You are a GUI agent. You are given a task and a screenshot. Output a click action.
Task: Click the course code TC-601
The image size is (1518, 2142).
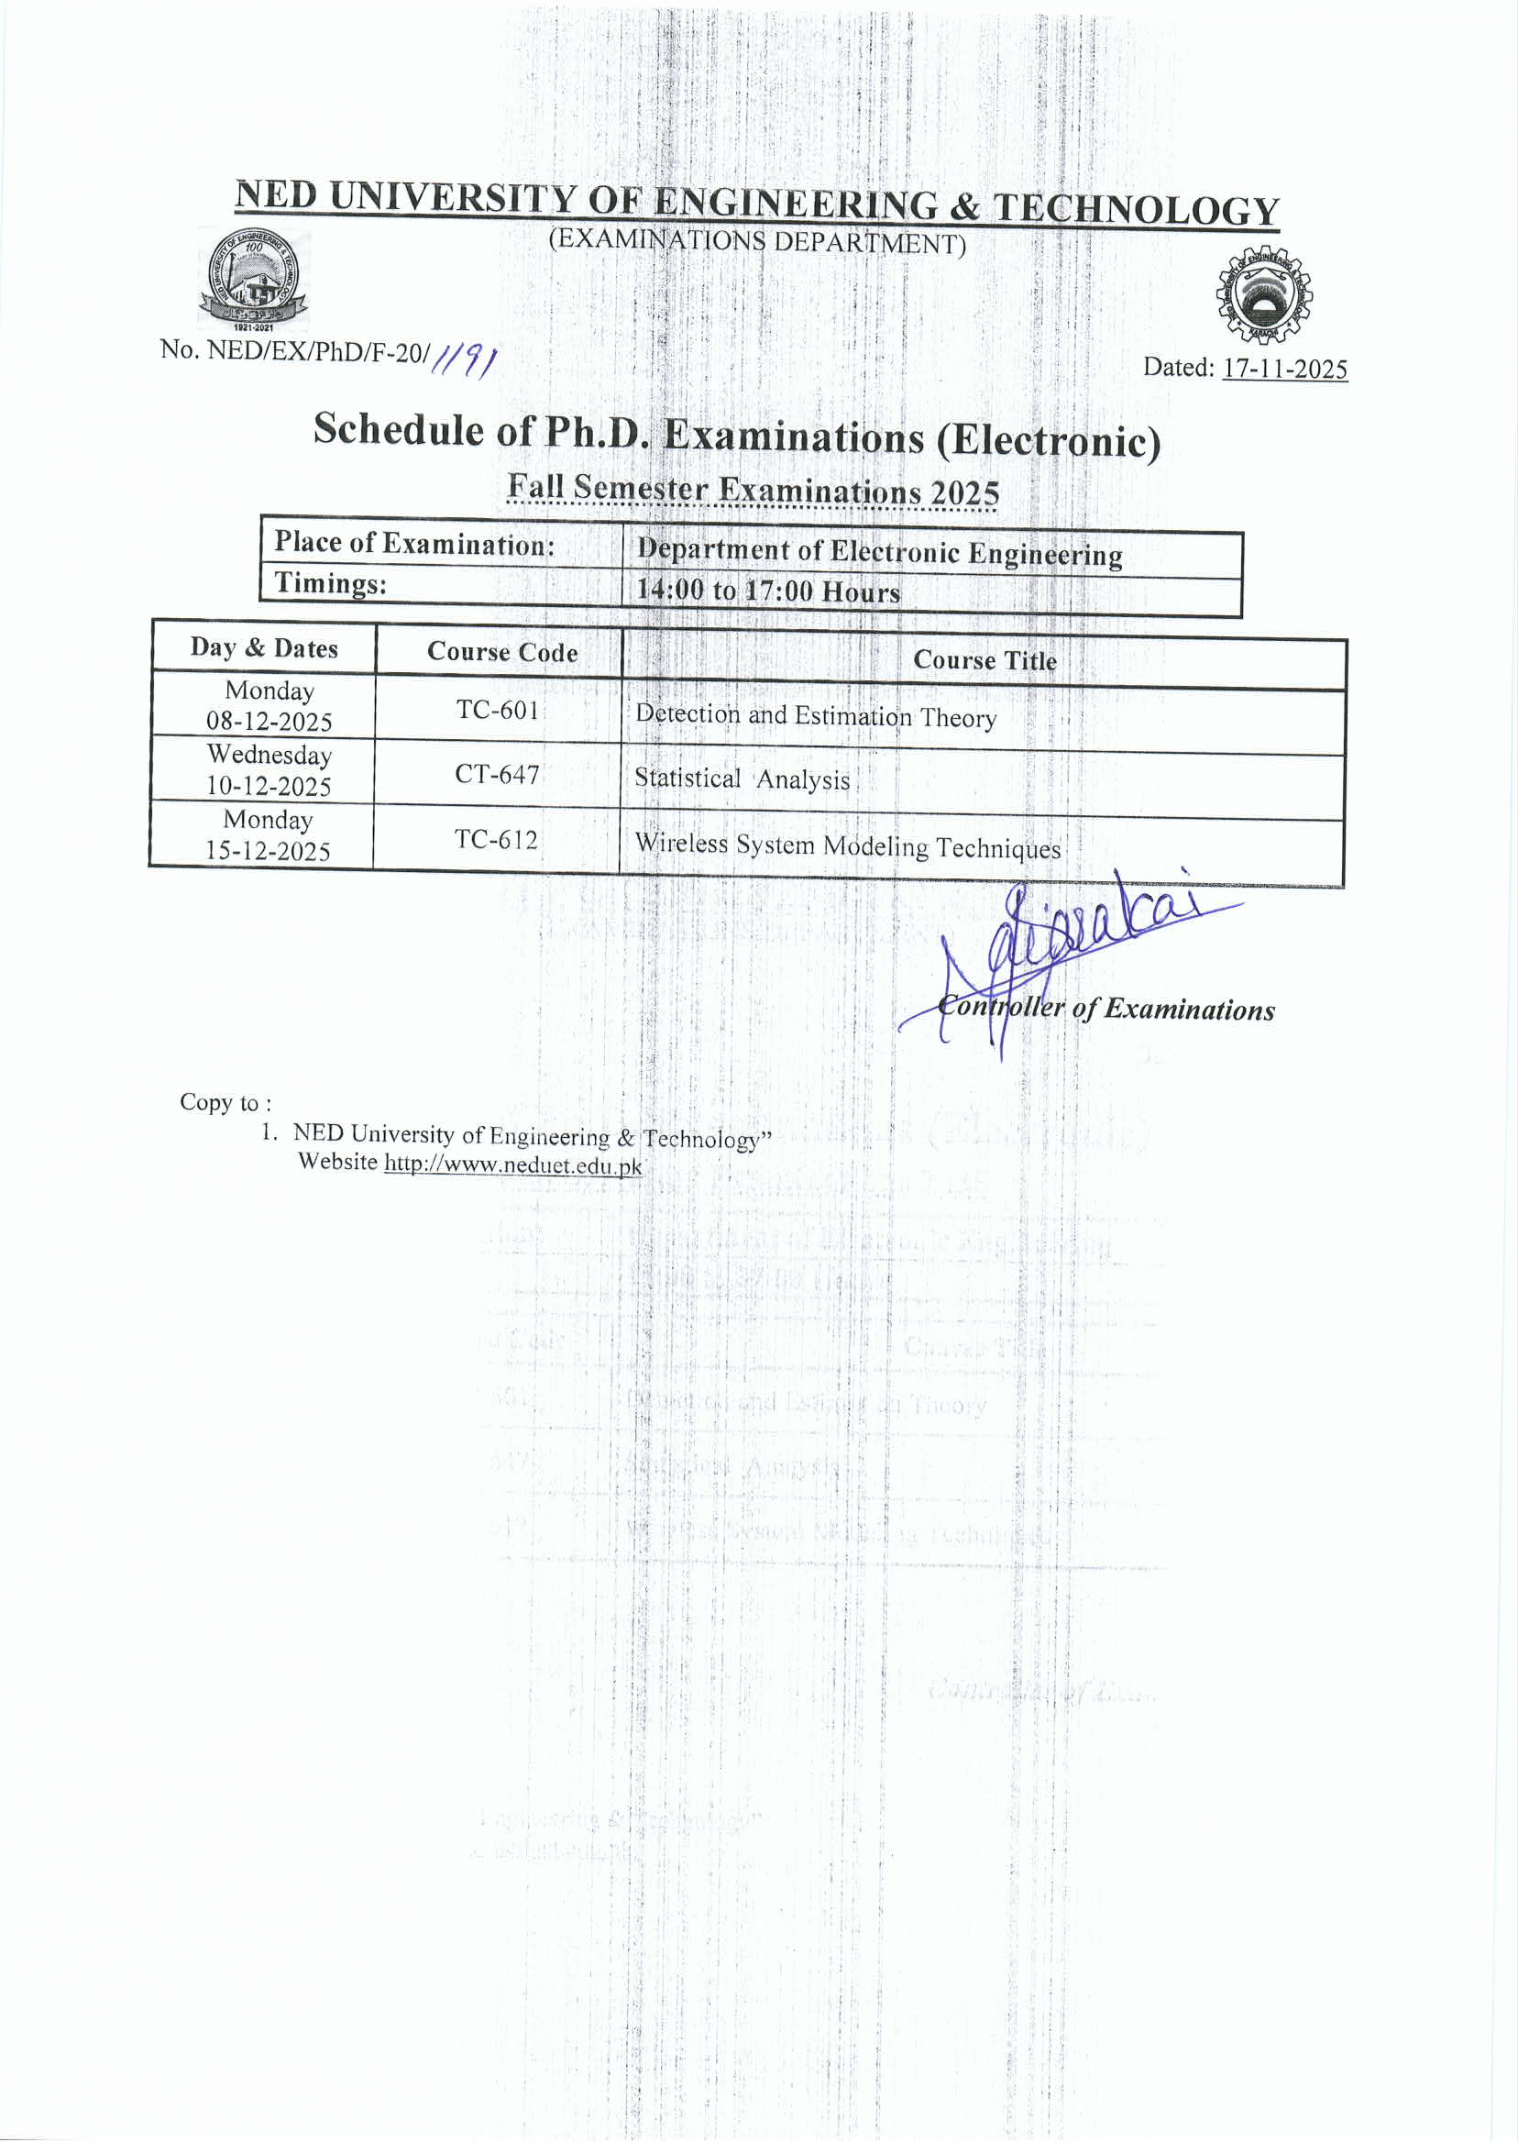click(497, 711)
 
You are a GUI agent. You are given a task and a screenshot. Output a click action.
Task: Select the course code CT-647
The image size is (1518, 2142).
click(496, 775)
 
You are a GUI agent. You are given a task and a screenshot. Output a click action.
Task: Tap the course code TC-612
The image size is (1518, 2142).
click(496, 840)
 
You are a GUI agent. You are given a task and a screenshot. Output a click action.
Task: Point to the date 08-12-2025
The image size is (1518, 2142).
click(269, 722)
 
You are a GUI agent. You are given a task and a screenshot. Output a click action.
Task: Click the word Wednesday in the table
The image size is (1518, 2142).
click(269, 755)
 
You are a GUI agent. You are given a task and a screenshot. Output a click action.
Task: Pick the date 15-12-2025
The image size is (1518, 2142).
click(269, 851)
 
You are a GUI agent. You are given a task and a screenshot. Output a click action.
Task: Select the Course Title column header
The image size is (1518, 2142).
click(984, 660)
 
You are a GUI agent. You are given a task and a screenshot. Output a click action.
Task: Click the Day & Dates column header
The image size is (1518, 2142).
click(264, 649)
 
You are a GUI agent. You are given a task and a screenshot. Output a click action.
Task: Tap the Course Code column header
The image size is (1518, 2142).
click(502, 652)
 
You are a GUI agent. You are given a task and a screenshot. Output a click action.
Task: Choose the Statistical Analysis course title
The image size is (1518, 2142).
click(742, 778)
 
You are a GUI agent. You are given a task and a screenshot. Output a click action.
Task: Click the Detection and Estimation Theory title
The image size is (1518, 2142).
click(816, 716)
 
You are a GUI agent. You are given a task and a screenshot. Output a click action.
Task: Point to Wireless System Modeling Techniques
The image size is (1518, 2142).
click(848, 846)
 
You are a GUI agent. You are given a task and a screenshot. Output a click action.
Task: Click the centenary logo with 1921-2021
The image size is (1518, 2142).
click(253, 279)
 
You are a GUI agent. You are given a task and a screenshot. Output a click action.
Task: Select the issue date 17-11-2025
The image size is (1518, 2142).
click(1284, 370)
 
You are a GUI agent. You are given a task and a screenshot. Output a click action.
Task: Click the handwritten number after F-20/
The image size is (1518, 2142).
click(466, 359)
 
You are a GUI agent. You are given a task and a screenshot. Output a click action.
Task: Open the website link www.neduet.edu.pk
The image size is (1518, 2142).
click(513, 1165)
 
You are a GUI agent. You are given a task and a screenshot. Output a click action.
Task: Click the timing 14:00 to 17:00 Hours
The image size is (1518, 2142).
click(768, 591)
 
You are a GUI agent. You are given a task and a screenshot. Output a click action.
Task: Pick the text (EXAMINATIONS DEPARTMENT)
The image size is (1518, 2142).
click(757, 241)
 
